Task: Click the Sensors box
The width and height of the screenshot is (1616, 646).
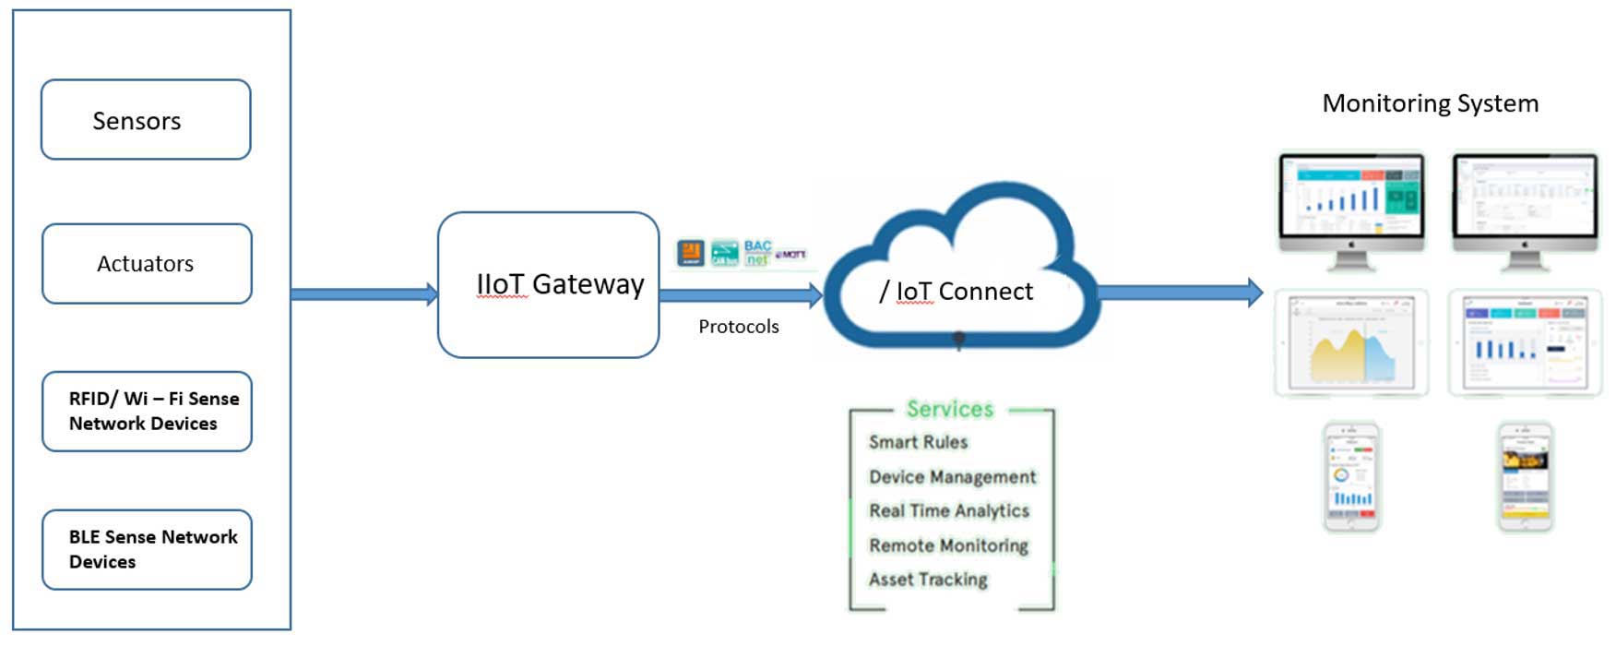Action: [x=146, y=120]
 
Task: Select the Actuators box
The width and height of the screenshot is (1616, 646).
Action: [x=147, y=264]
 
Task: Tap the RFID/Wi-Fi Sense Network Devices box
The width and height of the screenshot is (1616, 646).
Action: [x=147, y=412]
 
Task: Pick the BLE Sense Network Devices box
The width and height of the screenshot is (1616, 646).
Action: [x=147, y=550]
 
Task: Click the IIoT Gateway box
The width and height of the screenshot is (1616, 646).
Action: [x=548, y=285]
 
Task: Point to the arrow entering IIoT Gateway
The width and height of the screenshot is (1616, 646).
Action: [x=364, y=294]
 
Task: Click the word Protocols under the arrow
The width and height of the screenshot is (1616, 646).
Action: [x=738, y=327]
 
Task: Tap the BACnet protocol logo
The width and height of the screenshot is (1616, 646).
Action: [x=757, y=253]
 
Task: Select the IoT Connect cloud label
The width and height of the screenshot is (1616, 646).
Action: [x=957, y=292]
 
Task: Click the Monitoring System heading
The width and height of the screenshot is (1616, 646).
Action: [x=1430, y=103]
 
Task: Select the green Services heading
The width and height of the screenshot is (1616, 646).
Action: [x=949, y=409]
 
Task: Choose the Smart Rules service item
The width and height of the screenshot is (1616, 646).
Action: [x=918, y=442]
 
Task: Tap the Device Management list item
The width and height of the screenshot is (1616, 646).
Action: [x=952, y=477]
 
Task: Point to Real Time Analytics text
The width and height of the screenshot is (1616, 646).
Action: [x=948, y=511]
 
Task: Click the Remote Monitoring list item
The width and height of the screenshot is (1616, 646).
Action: [x=948, y=545]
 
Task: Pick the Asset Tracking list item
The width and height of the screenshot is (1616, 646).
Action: [x=928, y=580]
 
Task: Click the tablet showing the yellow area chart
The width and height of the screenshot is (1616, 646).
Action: [x=1351, y=342]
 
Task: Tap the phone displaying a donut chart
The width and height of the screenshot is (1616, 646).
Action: [x=1351, y=477]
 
